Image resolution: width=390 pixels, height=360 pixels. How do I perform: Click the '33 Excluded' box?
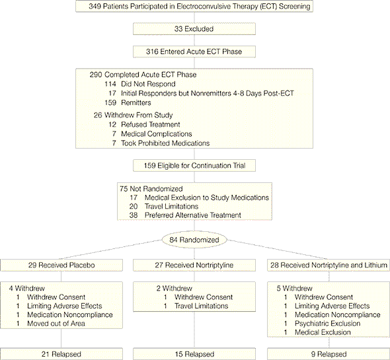coord(194,29)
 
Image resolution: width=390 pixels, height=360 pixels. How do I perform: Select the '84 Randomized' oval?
coord(194,240)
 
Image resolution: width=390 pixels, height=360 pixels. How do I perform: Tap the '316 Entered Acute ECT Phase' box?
coord(194,52)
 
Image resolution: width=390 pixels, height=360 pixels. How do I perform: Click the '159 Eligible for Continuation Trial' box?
coord(194,166)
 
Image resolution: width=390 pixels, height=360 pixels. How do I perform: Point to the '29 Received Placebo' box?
coord(61,265)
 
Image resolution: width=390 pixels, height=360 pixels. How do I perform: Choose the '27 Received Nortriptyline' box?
coord(194,265)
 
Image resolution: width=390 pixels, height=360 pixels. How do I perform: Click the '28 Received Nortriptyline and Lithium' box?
coord(329,265)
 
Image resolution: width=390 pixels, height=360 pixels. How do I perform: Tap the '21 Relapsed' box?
coord(61,354)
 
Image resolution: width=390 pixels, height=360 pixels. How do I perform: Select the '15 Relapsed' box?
coord(194,354)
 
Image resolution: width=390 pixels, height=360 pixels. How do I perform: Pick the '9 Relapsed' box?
coord(329,354)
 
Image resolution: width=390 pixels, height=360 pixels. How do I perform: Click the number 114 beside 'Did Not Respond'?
coord(110,84)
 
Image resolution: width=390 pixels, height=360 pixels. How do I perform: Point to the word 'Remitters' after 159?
coord(136,102)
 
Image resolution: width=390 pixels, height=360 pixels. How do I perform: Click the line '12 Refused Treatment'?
coord(144,125)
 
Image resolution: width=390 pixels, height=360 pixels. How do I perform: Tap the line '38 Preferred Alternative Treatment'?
coord(185,215)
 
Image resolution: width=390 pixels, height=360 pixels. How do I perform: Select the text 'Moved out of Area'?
coord(56,324)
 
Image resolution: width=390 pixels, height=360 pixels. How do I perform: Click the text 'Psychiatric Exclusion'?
coord(328,324)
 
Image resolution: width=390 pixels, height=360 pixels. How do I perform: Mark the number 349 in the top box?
coord(95,6)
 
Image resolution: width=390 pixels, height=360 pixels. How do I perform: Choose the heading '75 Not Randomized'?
coord(151,189)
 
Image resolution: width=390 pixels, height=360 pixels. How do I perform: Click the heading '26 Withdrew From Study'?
coord(133,115)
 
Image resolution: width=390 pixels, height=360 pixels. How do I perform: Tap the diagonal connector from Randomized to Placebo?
coord(110,250)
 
